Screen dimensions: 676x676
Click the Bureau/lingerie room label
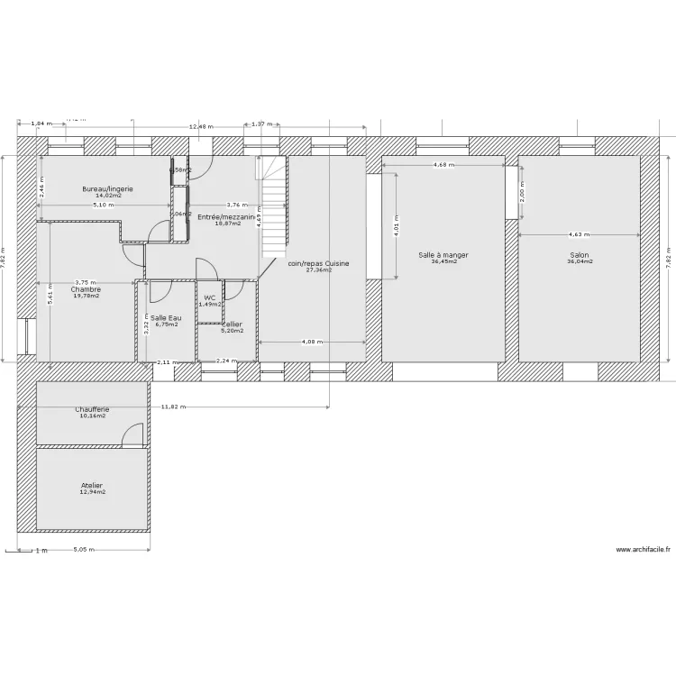(108, 188)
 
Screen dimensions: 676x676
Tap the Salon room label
(578, 255)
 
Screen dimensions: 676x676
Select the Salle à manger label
(443, 255)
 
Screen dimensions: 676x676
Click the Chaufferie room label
(92, 409)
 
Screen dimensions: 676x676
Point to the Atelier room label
(93, 485)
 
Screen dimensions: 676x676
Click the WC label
(209, 297)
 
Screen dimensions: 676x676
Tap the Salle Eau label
(165, 317)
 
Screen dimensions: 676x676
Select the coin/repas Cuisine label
(318, 263)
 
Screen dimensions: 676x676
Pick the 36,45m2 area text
(443, 262)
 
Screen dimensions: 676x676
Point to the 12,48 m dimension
(201, 127)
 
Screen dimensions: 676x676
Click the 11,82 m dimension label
(174, 407)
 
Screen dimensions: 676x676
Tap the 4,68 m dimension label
(443, 166)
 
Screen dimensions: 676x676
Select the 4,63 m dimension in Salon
(580, 234)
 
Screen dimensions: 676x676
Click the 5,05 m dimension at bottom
(84, 549)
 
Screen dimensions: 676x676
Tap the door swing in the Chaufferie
(133, 435)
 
